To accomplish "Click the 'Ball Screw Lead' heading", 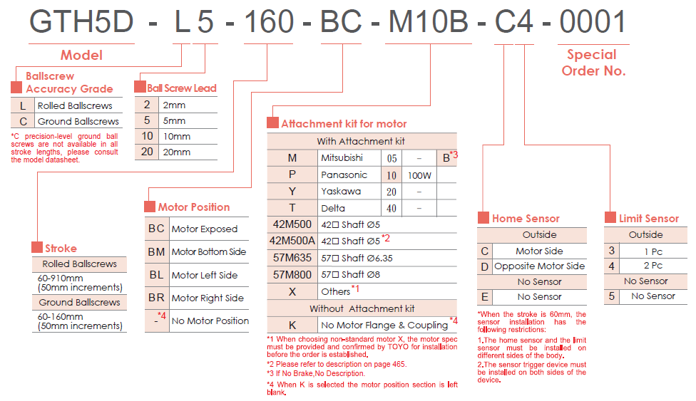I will pos(181,88).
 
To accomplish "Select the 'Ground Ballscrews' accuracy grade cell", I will pos(78,121).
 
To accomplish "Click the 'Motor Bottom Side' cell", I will pos(208,252).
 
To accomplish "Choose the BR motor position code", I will pos(156,298).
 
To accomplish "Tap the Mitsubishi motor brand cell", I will pos(342,157).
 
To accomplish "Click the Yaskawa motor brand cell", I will pos(341,192).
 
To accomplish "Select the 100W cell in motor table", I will pos(419,175).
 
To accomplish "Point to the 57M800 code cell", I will pos(292,274).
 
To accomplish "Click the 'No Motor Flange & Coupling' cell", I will pos(384,325).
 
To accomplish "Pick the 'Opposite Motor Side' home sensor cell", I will pos(539,266).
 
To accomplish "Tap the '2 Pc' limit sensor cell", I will pos(652,266).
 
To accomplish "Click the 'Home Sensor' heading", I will pos(526,219).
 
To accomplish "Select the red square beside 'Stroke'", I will pos(37,248).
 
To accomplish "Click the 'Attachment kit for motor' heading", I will pos(344,123).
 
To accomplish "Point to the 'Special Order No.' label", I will pos(593,63).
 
